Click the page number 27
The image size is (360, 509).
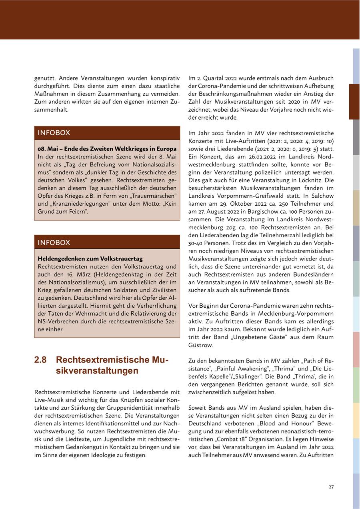coord(331,487)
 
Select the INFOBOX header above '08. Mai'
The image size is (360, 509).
coord(54,133)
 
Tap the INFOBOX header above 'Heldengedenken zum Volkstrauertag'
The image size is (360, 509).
coord(54,242)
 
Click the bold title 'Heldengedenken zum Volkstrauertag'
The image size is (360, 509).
coord(90,259)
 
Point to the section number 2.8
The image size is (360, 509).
coord(40,360)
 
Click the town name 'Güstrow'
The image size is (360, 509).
coord(201,345)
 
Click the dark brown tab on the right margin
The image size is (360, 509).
coord(354,102)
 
